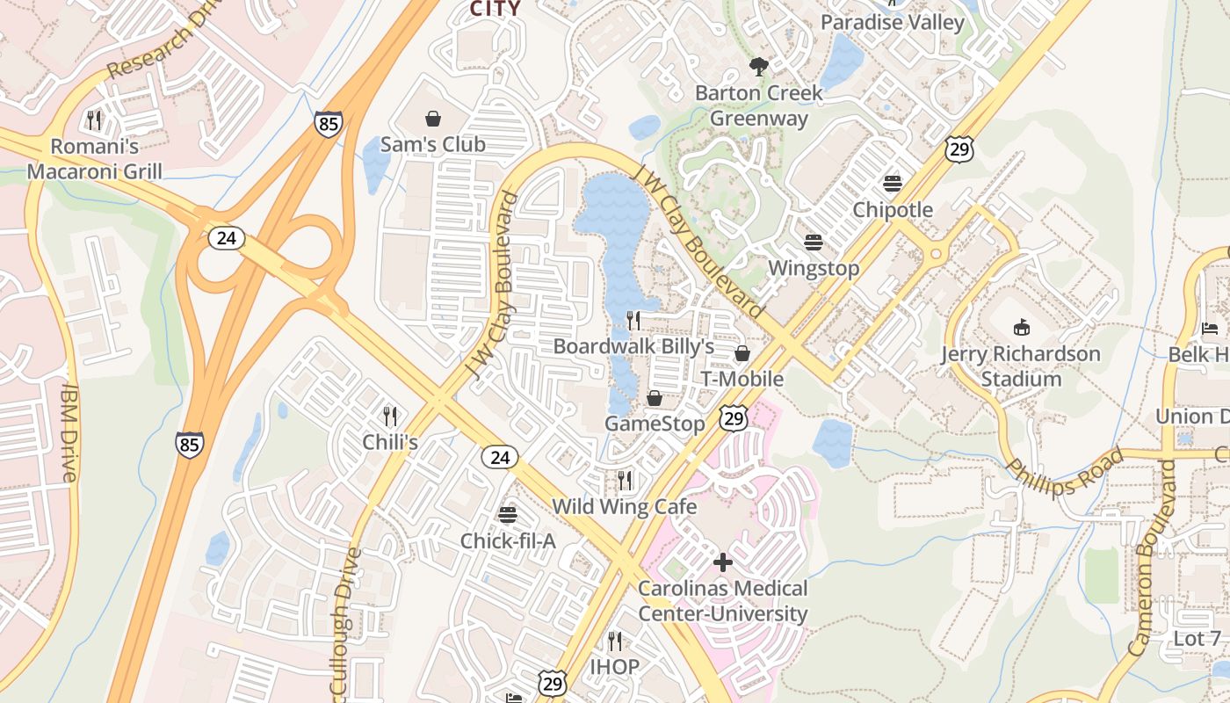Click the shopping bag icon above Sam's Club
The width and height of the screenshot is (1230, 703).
point(432,119)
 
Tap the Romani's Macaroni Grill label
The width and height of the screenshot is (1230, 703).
point(94,158)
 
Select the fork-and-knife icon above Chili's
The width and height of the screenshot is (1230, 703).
point(390,416)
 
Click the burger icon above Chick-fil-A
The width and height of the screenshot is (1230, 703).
point(508,515)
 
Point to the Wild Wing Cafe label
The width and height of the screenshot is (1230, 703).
point(624,507)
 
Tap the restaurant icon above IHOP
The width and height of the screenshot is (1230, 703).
point(615,641)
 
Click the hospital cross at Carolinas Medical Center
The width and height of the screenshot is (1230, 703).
point(723,562)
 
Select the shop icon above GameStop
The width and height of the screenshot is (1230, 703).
point(655,398)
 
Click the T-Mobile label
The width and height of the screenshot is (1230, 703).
point(742,379)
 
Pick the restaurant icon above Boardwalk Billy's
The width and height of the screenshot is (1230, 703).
point(633,321)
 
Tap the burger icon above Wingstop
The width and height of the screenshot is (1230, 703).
point(814,242)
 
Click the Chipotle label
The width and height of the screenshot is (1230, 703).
point(893,210)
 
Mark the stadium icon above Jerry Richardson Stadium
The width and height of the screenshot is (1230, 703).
point(1021,328)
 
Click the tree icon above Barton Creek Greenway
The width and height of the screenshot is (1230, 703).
point(758,66)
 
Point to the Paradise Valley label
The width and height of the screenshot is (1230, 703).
point(892,22)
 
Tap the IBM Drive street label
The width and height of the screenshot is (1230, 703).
point(69,431)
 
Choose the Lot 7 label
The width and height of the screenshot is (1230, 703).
point(1197,639)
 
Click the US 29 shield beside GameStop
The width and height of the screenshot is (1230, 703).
point(734,418)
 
